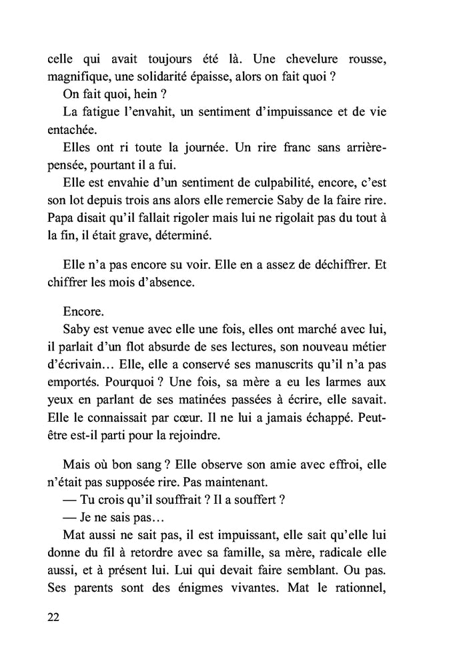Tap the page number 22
pos(55,617)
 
